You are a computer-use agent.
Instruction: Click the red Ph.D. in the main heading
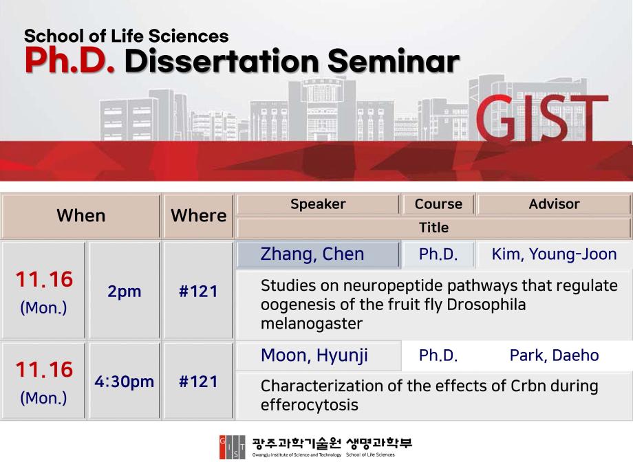pos(69,60)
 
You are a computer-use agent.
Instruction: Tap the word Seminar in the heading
pos(393,61)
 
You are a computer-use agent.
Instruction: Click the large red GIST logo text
pos(541,118)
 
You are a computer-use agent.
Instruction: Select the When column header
pos(81,216)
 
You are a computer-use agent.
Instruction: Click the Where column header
pos(198,216)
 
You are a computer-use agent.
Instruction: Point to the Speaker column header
pos(318,204)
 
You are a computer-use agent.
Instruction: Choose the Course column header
pos(438,204)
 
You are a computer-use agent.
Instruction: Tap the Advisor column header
pos(554,204)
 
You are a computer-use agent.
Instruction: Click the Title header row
pos(433,228)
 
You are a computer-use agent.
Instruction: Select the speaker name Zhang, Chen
pos(312,254)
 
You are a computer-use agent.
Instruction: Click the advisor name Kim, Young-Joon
pos(554,254)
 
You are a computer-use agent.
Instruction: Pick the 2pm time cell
pos(125,291)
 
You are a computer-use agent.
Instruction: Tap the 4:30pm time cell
pos(125,382)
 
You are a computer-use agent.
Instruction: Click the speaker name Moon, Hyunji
pos(314,355)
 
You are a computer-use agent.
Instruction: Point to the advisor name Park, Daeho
pos(554,355)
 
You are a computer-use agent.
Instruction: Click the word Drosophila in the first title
pos(486,305)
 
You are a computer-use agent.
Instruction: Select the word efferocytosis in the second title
pos(309,405)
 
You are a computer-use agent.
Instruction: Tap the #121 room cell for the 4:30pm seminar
pos(198,382)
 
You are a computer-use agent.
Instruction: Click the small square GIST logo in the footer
pos(232,447)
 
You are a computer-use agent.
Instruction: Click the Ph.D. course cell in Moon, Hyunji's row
pos(438,355)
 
